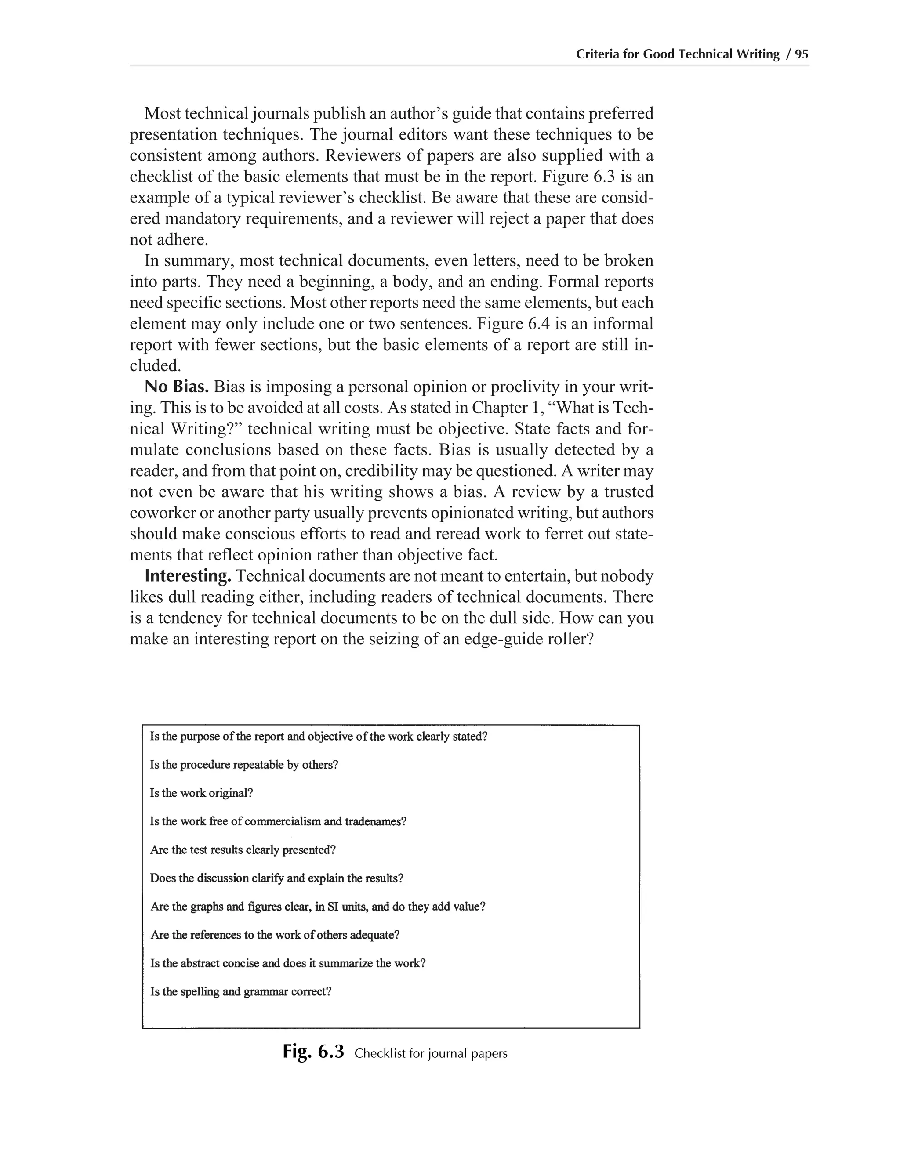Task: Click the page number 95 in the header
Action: pyautogui.click(x=802, y=54)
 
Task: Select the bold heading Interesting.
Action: pyautogui.click(x=188, y=576)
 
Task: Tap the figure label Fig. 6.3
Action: pyautogui.click(x=313, y=1052)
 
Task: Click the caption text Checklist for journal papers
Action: pyautogui.click(x=430, y=1054)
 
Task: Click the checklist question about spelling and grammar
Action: pyautogui.click(x=240, y=992)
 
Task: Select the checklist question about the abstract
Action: pyautogui.click(x=287, y=964)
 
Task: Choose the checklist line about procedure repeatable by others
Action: pyautogui.click(x=243, y=765)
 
